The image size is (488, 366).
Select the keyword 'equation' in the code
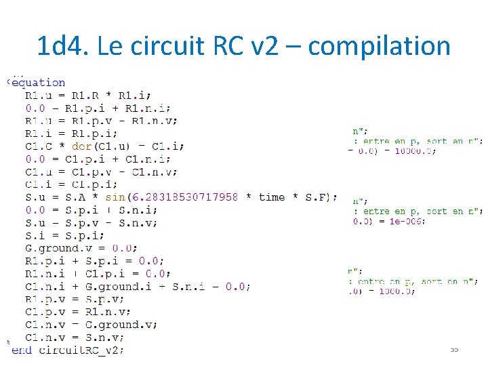39,83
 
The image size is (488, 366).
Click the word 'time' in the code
272,197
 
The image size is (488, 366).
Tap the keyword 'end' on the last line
22,350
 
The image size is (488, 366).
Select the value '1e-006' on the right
408,222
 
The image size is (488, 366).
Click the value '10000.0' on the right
414,151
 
